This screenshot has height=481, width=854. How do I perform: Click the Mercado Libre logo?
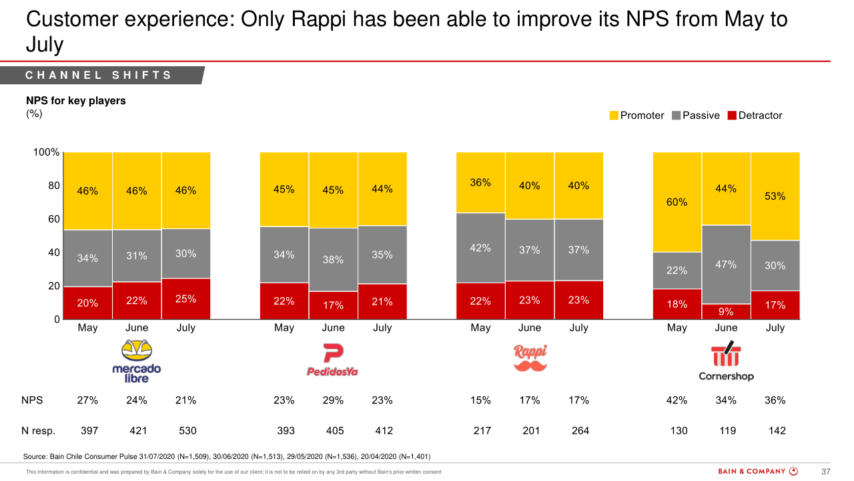click(x=136, y=361)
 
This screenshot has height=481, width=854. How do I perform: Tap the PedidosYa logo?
click(x=332, y=361)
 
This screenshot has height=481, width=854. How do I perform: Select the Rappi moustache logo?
click(x=530, y=358)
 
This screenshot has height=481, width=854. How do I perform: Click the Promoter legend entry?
click(x=636, y=116)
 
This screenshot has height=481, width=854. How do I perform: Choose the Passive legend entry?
click(x=696, y=116)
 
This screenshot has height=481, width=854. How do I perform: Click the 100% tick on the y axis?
click(x=47, y=152)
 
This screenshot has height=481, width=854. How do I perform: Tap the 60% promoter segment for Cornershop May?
click(x=677, y=202)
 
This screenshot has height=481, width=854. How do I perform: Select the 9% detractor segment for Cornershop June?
click(x=726, y=311)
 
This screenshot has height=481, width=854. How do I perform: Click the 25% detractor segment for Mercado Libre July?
click(x=185, y=299)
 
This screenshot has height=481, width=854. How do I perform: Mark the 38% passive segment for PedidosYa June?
click(x=333, y=259)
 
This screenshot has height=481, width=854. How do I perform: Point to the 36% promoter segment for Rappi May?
click(x=480, y=182)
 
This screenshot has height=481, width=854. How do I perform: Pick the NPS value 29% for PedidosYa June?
click(x=333, y=400)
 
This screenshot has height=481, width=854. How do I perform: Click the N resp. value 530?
click(x=187, y=431)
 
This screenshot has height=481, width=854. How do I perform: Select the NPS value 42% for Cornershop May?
click(x=677, y=400)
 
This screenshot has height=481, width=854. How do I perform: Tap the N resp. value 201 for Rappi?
click(x=531, y=431)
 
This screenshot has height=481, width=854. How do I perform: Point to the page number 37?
click(x=825, y=472)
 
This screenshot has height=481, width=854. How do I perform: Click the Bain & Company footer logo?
click(x=757, y=472)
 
